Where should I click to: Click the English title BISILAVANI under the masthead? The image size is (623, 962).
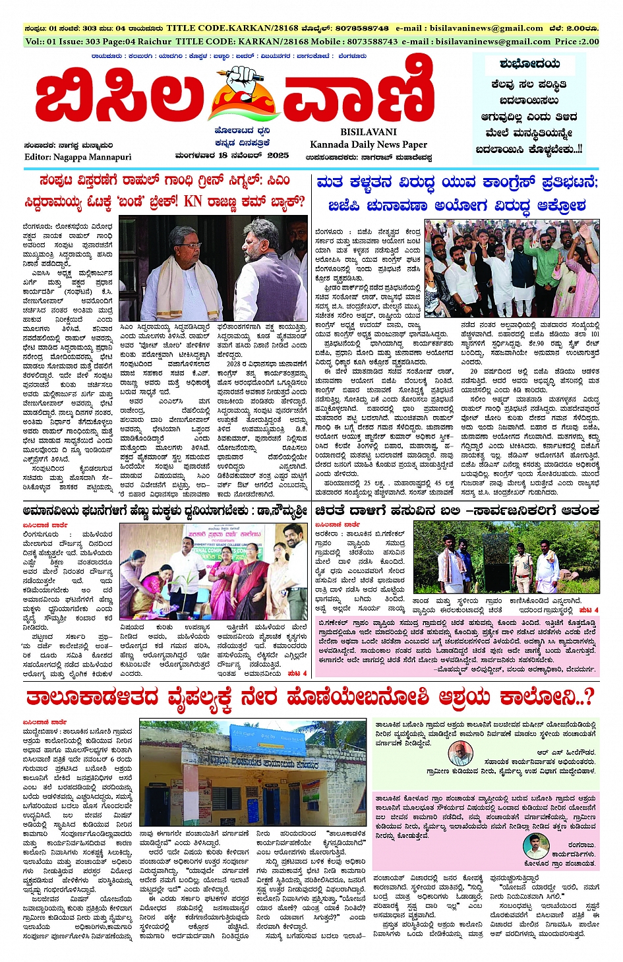(x=369, y=132)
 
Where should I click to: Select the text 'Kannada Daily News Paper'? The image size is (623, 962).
(x=369, y=144)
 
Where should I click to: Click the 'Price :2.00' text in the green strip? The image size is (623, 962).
(x=577, y=42)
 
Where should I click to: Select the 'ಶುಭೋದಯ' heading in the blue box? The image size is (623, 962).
(x=529, y=64)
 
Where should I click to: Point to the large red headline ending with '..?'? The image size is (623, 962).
(x=310, y=697)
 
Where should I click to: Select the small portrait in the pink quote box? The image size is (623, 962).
(x=535, y=846)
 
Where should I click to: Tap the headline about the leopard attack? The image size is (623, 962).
(x=457, y=510)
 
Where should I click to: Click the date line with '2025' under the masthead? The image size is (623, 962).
(x=231, y=156)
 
